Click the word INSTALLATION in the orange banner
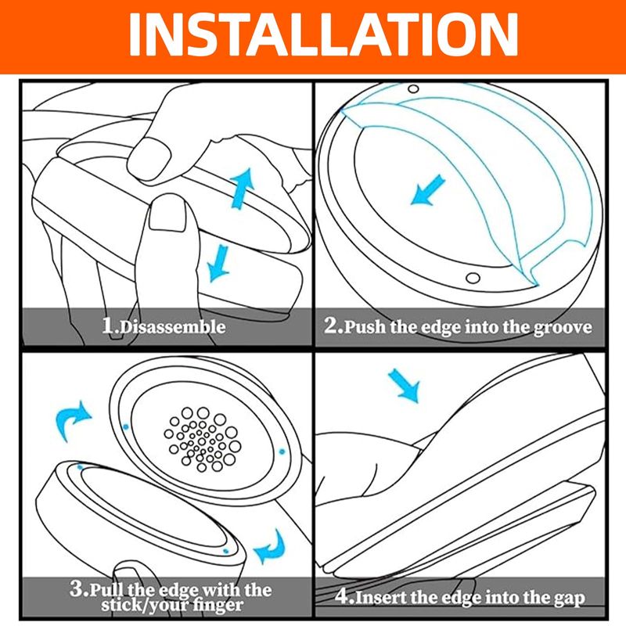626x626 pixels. pyautogui.click(x=323, y=35)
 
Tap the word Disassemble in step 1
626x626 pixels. pyautogui.click(x=172, y=327)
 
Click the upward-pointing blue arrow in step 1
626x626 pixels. pyautogui.click(x=243, y=188)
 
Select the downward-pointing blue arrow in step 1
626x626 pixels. pyautogui.click(x=218, y=263)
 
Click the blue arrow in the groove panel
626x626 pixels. pyautogui.click(x=427, y=190)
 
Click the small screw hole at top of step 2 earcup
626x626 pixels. pyautogui.click(x=413, y=88)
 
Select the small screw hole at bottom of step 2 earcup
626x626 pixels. pyautogui.click(x=473, y=278)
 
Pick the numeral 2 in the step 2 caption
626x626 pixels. pyautogui.click(x=331, y=326)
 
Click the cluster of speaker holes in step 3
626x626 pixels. pyautogui.click(x=203, y=440)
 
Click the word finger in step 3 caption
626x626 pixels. pyautogui.click(x=218, y=605)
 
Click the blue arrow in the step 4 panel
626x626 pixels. pyautogui.click(x=404, y=386)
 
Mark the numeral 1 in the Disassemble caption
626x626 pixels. pyautogui.click(x=108, y=326)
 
